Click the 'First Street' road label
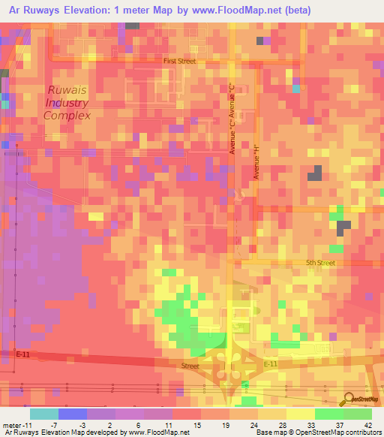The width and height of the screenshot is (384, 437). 180,61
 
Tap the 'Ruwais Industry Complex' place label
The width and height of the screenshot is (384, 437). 67,103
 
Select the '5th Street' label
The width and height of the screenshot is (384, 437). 321,263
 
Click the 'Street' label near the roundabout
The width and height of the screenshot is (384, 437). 190,366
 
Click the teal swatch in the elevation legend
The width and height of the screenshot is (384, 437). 43,414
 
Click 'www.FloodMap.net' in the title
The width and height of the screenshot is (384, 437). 241,10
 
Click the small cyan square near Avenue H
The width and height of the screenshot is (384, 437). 295,89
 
